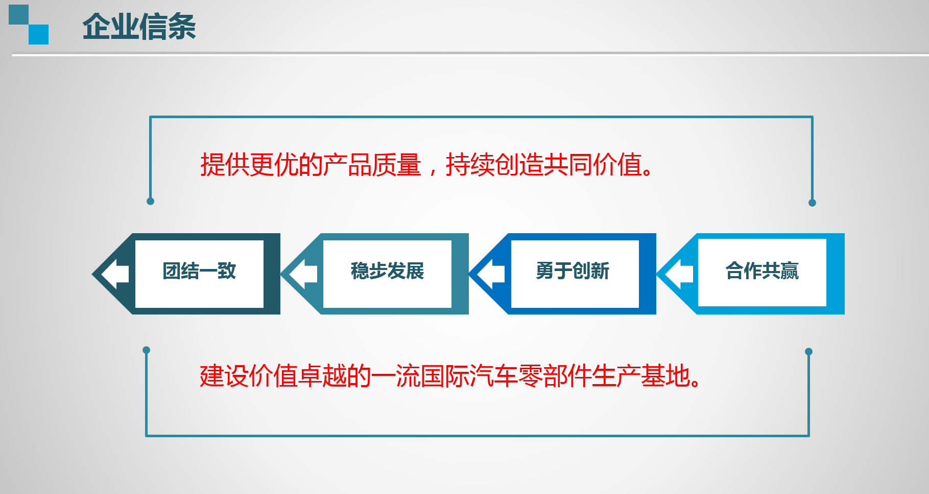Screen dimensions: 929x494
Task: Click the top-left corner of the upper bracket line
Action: [x=150, y=117]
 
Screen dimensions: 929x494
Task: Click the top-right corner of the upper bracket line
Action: [x=812, y=117]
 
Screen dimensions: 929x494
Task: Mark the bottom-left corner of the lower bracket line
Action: [x=147, y=436]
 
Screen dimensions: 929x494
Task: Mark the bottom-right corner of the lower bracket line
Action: [x=809, y=436]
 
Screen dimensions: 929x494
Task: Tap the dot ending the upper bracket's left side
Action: [x=150, y=201]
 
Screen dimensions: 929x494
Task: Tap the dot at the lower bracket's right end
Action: [x=808, y=352]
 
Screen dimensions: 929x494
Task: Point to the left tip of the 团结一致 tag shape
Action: [x=92, y=274]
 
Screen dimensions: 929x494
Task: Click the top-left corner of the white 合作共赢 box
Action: [x=698, y=239]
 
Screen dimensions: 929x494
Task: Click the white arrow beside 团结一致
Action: [x=115, y=274]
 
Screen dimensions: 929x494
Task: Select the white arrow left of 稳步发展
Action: [x=303, y=274]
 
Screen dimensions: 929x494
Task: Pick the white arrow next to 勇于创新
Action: [x=491, y=274]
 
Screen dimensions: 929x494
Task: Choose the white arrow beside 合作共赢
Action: [x=679, y=274]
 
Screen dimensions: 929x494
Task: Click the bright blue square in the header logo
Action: [x=38, y=34]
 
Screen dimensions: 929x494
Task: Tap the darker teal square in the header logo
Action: [x=18, y=14]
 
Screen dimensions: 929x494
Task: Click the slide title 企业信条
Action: [x=139, y=27]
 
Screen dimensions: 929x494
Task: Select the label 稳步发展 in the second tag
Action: [x=387, y=271]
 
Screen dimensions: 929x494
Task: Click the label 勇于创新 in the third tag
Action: [x=573, y=271]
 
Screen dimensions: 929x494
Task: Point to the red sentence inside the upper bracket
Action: [x=426, y=165]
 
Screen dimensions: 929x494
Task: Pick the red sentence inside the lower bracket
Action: [x=450, y=376]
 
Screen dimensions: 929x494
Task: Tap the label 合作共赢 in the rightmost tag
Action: [x=762, y=271]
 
